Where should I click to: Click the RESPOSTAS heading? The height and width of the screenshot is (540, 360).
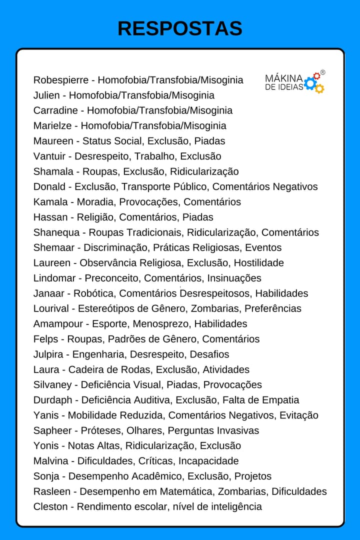(180, 28)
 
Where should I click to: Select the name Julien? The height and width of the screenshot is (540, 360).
(46, 95)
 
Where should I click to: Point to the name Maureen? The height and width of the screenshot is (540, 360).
(53, 141)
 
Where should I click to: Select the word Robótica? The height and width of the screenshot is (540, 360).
(93, 293)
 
